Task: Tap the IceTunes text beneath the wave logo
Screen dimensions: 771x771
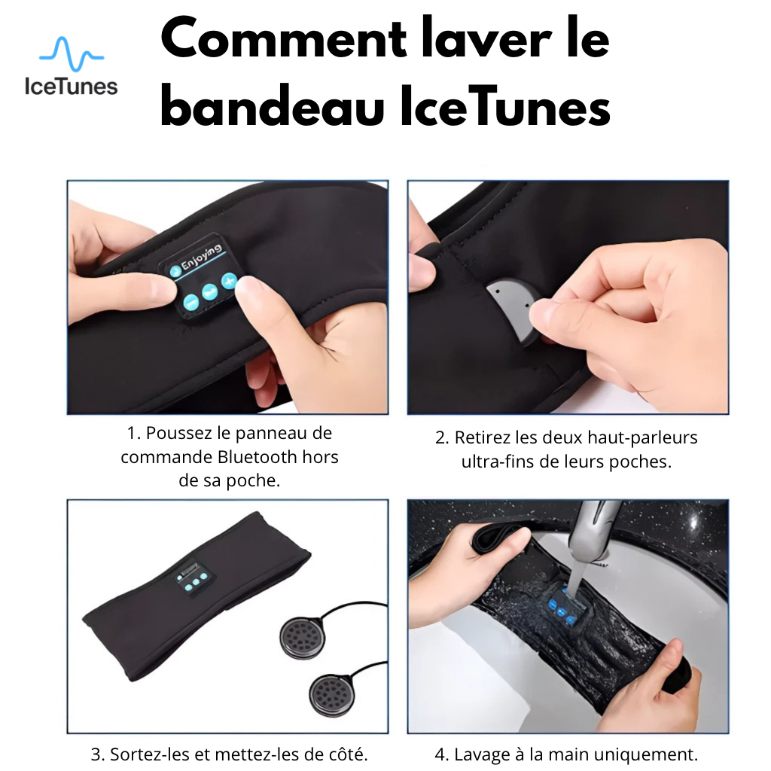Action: point(71,85)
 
